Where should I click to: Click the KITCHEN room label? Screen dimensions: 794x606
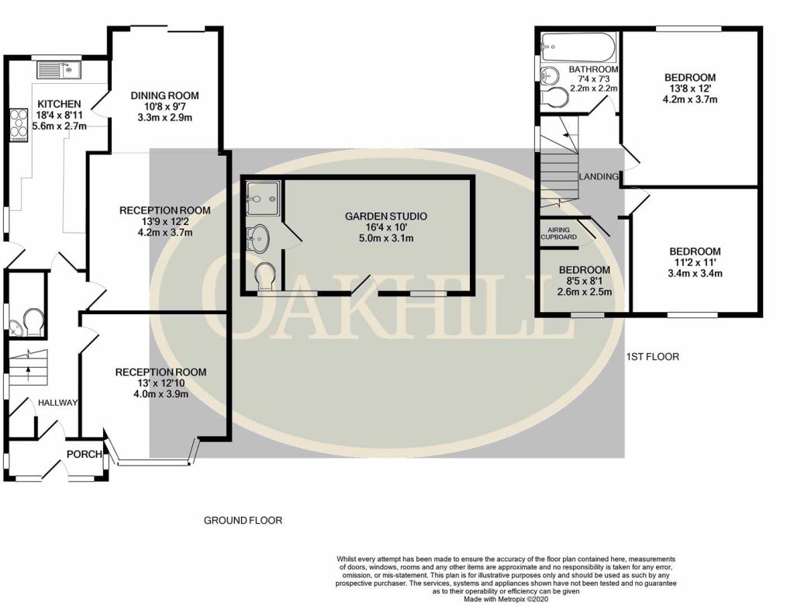pos(59,104)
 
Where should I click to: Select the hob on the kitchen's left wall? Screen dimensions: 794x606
pos(19,124)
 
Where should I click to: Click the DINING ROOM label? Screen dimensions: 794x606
pos(164,95)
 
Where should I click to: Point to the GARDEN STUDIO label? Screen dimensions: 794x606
pos(386,216)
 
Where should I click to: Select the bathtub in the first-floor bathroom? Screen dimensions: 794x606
pos(578,47)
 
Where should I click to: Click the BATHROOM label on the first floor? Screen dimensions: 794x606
pos(593,69)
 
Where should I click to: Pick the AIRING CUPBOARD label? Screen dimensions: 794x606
pos(558,234)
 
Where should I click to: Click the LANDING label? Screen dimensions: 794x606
pos(599,177)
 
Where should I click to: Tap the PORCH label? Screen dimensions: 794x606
pos(84,454)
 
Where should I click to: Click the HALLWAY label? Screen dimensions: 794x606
pos(58,403)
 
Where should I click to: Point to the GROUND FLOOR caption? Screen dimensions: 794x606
pos(243,521)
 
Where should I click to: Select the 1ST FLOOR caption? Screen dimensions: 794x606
pos(653,357)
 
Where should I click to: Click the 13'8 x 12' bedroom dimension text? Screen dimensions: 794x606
pos(690,88)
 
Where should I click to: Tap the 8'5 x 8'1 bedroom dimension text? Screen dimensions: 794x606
pos(585,281)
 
